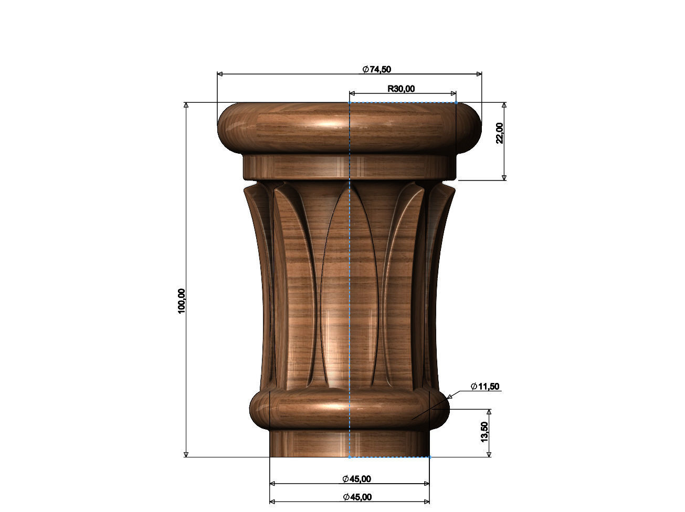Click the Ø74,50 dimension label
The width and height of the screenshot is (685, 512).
pos(376,69)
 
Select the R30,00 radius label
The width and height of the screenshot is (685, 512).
pos(401,89)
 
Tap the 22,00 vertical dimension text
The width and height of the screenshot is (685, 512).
pos(499,133)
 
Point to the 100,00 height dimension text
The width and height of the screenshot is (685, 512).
pos(182,301)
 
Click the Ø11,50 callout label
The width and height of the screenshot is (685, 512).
pos(485,387)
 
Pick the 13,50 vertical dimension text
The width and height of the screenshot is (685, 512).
pos(484,432)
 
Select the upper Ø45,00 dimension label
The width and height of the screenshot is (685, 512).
pos(356,478)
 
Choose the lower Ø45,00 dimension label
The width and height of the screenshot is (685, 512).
pos(357,497)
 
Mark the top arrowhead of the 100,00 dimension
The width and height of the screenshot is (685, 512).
pos(186,105)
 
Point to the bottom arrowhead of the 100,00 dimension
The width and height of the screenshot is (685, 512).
pos(186,454)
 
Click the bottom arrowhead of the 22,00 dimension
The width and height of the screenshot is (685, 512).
pos(504,177)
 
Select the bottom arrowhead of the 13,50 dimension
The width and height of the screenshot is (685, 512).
pos(489,454)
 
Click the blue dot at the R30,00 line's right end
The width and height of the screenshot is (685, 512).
pos(456,102)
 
